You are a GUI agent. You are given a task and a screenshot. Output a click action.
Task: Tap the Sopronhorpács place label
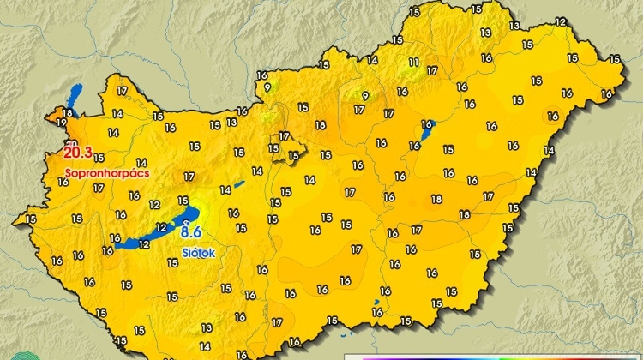(x=107, y=173)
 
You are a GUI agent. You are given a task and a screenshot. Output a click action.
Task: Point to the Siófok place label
(x=198, y=253)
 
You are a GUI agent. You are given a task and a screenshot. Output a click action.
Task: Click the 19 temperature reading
(x=61, y=123)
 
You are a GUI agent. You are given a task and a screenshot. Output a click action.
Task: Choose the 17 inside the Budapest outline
(x=285, y=136)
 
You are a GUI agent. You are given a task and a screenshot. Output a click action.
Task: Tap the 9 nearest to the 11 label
(x=365, y=96)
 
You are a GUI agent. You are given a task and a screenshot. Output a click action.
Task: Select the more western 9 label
(x=267, y=87)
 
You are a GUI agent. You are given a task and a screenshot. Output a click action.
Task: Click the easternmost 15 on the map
(x=613, y=59)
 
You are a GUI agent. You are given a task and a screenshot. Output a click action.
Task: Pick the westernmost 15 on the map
(x=31, y=219)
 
